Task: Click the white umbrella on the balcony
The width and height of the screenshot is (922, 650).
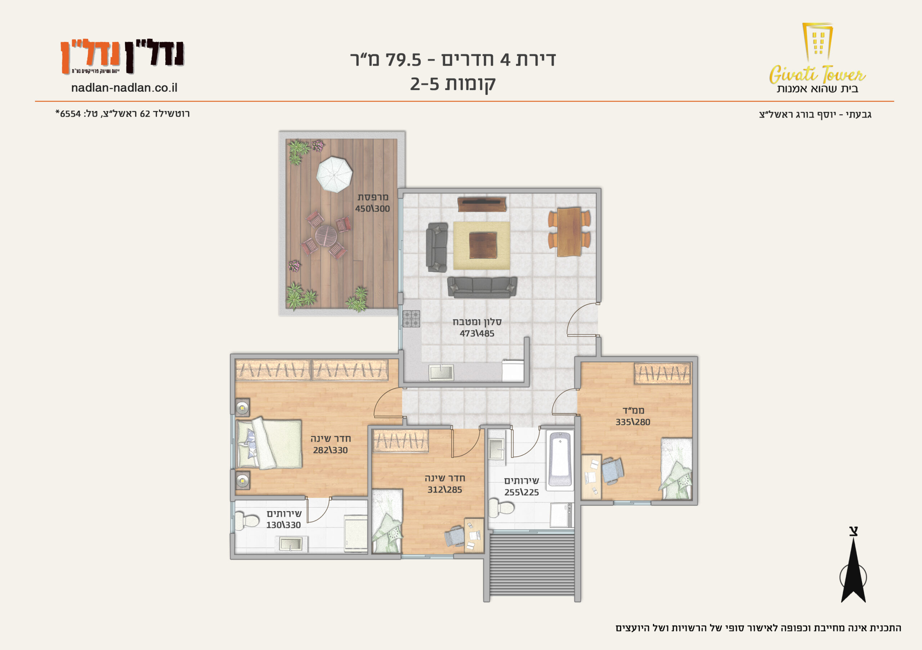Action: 334,174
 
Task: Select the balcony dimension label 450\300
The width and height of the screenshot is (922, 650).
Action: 372,209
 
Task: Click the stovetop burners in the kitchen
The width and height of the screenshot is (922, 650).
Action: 411,319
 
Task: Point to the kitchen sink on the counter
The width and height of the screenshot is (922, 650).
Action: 441,372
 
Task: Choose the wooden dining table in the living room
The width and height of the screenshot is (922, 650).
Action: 569,231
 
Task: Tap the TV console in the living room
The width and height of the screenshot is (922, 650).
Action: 482,204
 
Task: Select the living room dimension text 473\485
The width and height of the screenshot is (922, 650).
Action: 477,333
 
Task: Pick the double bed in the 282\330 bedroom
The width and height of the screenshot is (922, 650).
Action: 269,443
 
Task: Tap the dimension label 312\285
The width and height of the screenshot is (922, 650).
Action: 444,490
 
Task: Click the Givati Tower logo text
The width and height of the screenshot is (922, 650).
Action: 817,75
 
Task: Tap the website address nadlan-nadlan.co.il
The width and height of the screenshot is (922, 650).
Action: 124,88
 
